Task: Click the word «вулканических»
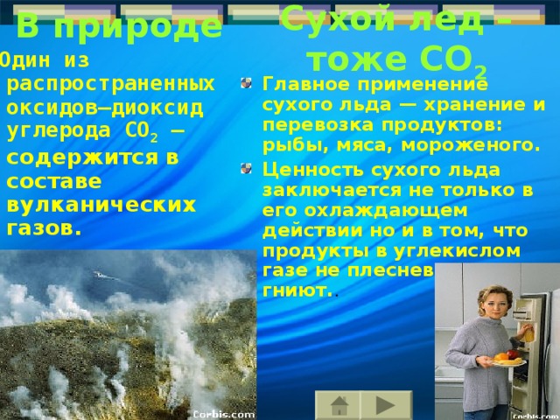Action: pos(101,204)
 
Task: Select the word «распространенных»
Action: pos(110,83)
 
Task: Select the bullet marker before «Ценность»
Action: pos(251,169)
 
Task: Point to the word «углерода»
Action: pos(52,130)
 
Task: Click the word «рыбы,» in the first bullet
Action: pos(285,143)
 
